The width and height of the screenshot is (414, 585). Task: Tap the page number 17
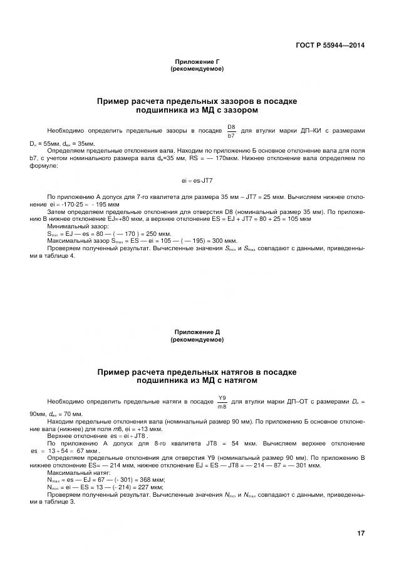(x=361, y=533)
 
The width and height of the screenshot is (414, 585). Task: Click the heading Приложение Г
(x=197, y=62)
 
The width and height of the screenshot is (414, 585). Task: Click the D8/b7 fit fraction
(x=231, y=130)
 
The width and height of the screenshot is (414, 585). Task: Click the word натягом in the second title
(x=236, y=380)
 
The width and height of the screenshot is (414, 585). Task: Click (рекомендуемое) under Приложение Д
(x=197, y=340)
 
